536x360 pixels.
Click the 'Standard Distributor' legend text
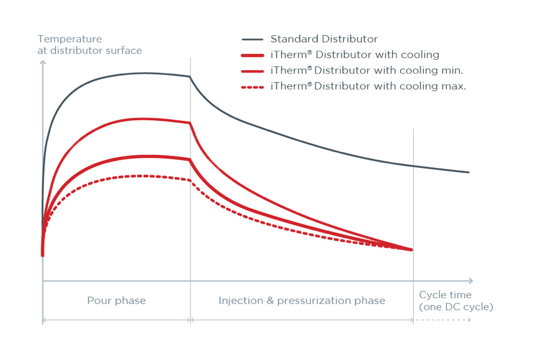(324, 39)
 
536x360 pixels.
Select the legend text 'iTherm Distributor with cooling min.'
(367, 70)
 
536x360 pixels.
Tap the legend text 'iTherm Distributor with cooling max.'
(368, 86)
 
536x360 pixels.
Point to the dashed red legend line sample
(252, 87)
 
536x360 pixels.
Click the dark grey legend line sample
(252, 40)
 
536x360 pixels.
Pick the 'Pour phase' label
(116, 301)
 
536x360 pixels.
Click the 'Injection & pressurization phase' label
(302, 301)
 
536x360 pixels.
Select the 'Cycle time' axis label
(445, 295)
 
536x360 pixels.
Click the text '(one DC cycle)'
(456, 307)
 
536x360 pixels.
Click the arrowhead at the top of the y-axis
(43, 61)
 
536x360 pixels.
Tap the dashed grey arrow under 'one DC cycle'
(442, 319)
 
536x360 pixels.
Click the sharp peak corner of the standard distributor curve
(190, 76)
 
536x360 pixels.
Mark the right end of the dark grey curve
(468, 172)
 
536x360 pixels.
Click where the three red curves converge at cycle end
(411, 250)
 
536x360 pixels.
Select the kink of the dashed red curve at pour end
(190, 180)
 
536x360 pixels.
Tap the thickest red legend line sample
(252, 55)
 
